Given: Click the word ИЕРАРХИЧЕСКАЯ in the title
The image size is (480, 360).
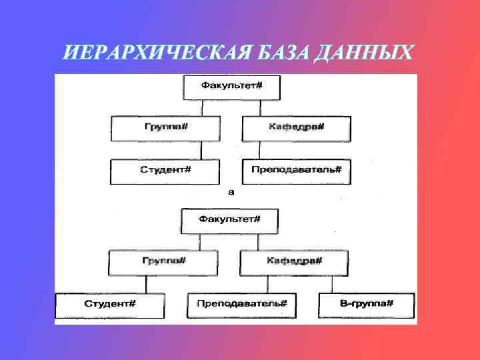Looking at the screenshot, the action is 146,51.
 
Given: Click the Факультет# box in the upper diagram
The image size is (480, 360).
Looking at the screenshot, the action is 231,87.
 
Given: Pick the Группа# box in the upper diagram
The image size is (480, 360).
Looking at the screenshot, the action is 165,128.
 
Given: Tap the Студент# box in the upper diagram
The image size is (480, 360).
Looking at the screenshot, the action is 165,171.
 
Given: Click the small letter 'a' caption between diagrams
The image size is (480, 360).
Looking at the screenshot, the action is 231,192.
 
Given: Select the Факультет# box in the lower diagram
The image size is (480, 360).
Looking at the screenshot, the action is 229,220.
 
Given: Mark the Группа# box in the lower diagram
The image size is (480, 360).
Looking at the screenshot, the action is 164,262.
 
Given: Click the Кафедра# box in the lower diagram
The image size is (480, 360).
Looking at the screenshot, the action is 294,262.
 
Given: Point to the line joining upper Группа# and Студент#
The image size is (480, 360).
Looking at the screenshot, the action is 165,150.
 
